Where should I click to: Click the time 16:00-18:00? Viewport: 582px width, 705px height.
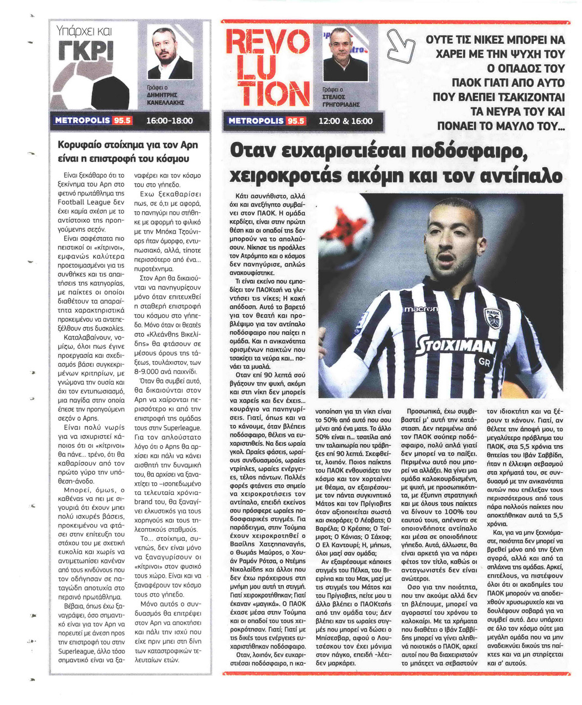169,121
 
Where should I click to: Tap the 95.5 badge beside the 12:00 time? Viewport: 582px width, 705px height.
294,121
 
